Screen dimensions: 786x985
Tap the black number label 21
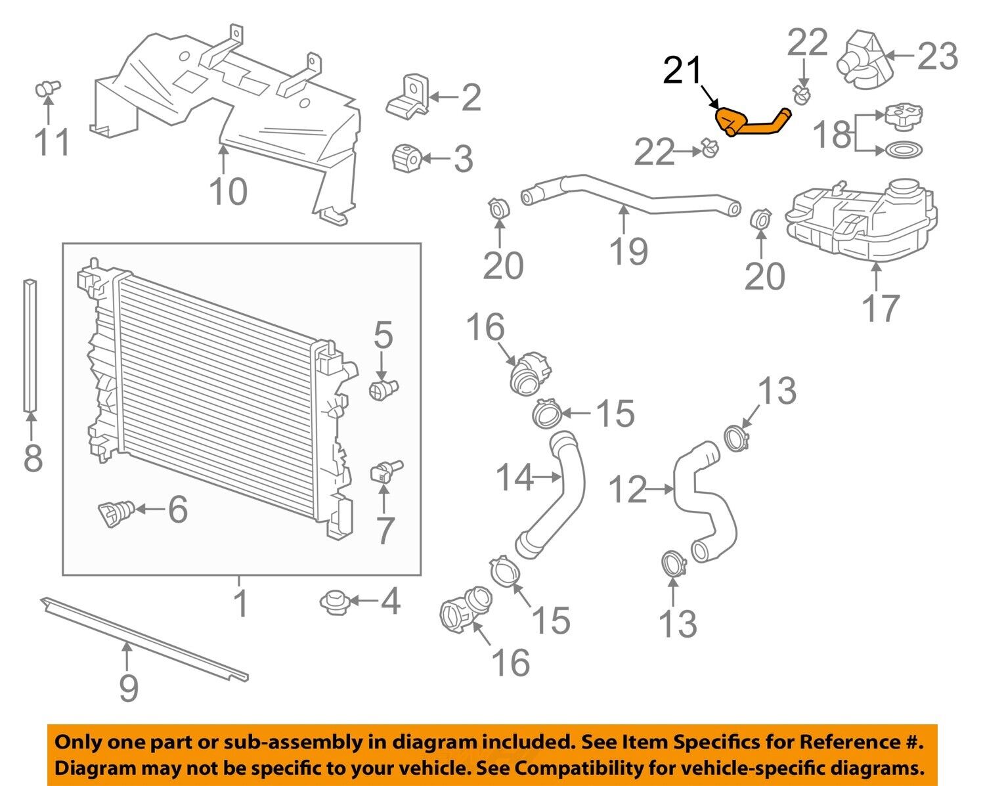pyautogui.click(x=682, y=70)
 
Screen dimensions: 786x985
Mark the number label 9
pyautogui.click(x=129, y=687)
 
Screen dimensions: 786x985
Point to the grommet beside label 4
pyautogui.click(x=334, y=600)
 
